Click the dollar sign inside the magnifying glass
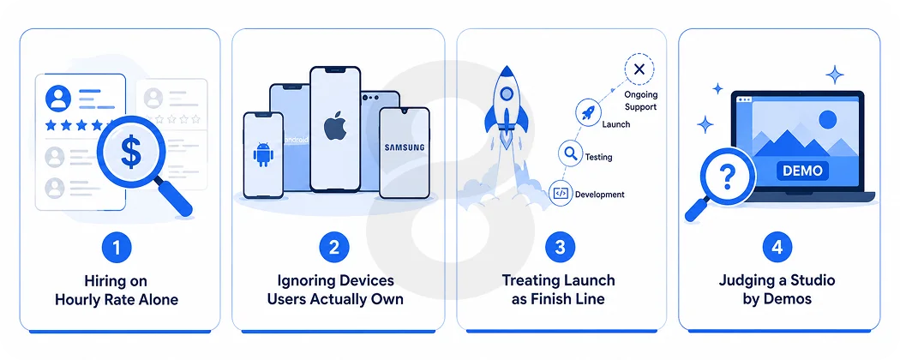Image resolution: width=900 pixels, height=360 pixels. click(x=130, y=152)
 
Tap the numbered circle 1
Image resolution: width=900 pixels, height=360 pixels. click(x=117, y=248)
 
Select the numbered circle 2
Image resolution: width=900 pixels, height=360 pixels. click(x=334, y=248)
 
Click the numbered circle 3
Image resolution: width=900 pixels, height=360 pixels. click(x=561, y=248)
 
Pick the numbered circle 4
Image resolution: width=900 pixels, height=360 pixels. click(x=777, y=248)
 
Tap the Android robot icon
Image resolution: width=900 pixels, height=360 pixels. click(x=262, y=154)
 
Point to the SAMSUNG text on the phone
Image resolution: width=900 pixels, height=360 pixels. click(x=405, y=147)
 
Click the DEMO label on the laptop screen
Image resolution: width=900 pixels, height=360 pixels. click(x=802, y=171)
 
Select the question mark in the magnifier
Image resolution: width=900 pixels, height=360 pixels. click(x=727, y=177)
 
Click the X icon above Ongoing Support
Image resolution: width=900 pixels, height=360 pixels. click(x=639, y=69)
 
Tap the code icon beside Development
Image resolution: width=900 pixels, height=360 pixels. click(x=561, y=194)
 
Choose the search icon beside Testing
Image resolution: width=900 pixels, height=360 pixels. click(x=571, y=153)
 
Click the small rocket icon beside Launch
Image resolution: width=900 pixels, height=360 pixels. click(x=588, y=111)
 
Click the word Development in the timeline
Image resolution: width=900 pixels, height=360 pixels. click(x=600, y=195)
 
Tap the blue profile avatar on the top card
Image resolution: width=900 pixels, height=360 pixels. click(x=58, y=99)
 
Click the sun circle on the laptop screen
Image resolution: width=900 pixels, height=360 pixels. click(x=828, y=120)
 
